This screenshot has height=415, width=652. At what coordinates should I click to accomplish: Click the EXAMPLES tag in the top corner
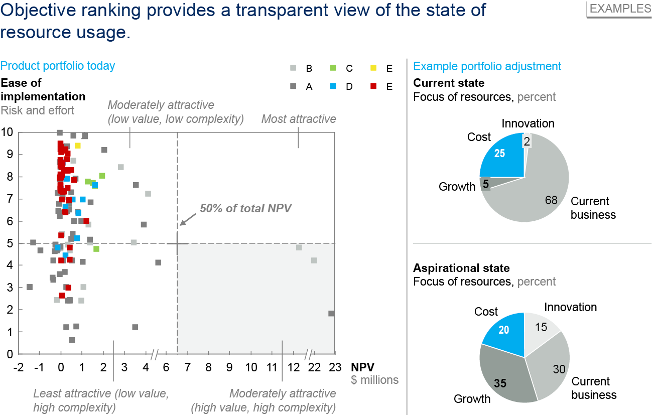click(x=620, y=9)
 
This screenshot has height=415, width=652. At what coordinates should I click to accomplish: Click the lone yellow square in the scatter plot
click(x=78, y=146)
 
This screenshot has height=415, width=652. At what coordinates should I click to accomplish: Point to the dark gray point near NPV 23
click(x=331, y=314)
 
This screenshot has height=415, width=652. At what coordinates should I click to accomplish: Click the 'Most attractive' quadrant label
click(x=299, y=119)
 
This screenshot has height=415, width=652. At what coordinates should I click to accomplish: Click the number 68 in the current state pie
click(x=551, y=201)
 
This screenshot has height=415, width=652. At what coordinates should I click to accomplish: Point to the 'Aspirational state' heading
click(x=461, y=268)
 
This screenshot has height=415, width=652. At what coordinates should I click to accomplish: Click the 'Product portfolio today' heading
click(x=58, y=66)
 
